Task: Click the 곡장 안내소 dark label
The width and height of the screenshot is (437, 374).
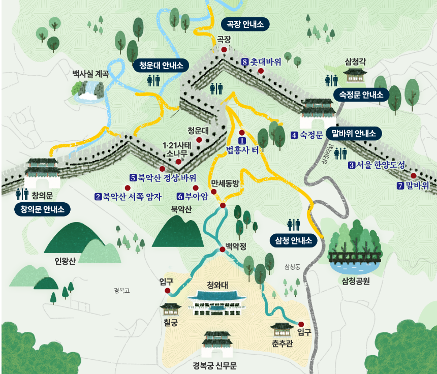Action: [x=245, y=24]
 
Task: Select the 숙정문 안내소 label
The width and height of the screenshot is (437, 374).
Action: [x=361, y=94]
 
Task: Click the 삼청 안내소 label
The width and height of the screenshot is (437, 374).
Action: [x=293, y=240]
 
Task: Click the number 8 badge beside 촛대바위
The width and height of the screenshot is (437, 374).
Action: [x=245, y=61]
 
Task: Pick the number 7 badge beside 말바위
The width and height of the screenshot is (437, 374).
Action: [x=400, y=185]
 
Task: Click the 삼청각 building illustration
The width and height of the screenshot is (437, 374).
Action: [x=356, y=75]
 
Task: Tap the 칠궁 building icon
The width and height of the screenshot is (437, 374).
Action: [x=170, y=309]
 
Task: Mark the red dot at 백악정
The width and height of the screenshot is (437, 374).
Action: [x=222, y=250]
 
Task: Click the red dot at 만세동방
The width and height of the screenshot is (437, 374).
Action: [x=223, y=205]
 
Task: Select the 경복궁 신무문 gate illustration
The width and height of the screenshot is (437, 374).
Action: [x=217, y=345]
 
